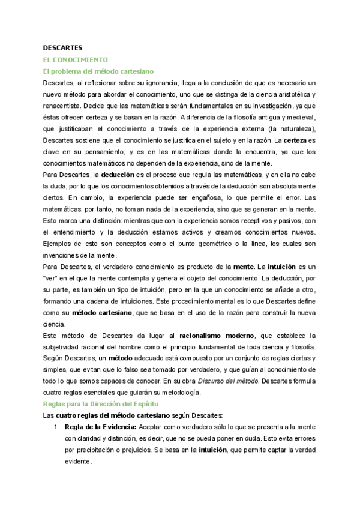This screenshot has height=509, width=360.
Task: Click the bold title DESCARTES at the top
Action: point(63,47)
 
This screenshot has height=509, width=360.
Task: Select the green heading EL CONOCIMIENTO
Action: point(75,59)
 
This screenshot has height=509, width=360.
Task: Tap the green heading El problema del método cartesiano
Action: point(98,71)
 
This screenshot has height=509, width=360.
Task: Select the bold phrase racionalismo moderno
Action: point(213,335)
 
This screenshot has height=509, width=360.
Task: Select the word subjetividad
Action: point(65,346)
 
